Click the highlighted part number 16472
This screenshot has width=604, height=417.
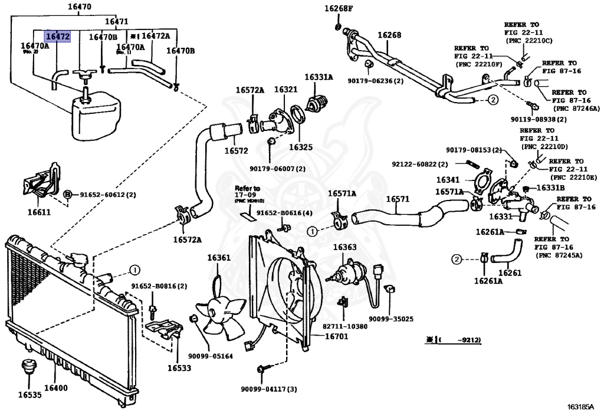pos(58,37)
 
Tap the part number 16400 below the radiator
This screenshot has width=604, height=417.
pos(56,388)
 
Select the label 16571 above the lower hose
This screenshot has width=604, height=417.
pos(398,199)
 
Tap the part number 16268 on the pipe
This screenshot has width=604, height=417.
pos(389,35)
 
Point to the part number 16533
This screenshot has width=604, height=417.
pos(179,368)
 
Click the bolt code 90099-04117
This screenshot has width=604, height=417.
pos(268,389)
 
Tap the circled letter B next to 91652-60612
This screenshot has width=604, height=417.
pos(68,194)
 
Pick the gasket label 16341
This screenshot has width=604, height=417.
pos(448,179)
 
